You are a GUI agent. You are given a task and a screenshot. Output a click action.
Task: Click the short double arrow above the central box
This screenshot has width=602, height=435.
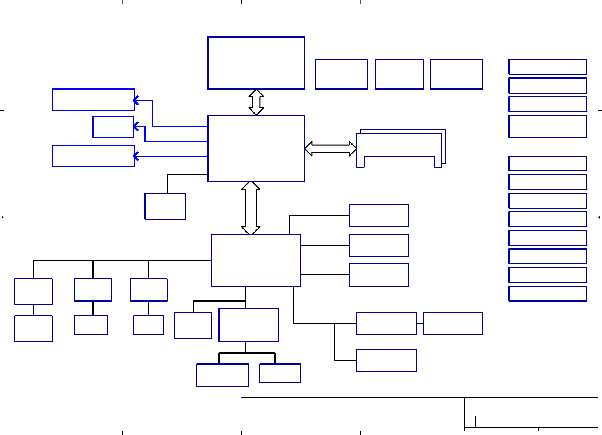pos(256,102)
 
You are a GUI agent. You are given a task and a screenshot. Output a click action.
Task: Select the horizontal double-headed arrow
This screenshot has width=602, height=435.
pos(330,149)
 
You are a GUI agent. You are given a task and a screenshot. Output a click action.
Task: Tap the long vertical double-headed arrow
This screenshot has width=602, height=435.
pos(251,208)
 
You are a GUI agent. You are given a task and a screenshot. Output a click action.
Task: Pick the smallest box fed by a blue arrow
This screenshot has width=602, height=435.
pos(113,127)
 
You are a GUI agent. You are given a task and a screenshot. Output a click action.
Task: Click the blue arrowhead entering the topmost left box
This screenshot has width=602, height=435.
pos(136,100)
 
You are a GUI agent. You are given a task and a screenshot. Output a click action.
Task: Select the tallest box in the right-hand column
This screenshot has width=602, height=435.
pos(547,126)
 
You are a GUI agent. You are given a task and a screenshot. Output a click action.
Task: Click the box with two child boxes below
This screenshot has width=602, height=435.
pos(249,325)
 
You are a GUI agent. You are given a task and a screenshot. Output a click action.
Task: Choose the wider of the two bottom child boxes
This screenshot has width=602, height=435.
pos(223,375)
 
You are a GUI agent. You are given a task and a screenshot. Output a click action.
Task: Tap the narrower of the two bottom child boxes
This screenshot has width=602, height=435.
pos(280,373)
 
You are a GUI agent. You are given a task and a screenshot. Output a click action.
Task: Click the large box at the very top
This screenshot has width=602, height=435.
pos(256,63)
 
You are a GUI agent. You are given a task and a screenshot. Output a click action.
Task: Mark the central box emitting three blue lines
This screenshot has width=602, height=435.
pos(256,148)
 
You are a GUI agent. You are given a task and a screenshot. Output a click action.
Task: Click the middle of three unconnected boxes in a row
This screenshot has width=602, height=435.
pos(399,74)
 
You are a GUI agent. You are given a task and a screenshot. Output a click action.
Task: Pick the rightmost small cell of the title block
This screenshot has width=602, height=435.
pos(592,421)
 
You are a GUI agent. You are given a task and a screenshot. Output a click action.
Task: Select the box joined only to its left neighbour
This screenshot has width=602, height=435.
pos(453,323)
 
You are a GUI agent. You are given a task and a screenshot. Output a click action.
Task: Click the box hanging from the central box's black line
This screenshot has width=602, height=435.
pos(165,206)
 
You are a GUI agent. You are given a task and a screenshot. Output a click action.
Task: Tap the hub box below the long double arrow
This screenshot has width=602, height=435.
pos(256,260)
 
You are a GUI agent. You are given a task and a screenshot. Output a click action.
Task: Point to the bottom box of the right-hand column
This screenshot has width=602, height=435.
pos(547,293)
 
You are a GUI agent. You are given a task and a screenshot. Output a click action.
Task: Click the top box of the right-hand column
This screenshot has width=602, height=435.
pos(547,67)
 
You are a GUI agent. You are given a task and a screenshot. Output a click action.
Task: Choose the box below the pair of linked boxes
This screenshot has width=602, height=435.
pos(386,360)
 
